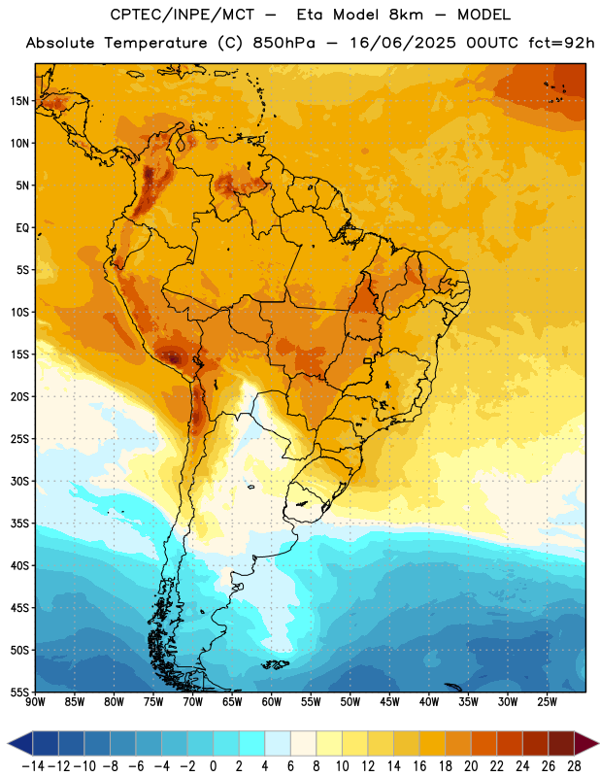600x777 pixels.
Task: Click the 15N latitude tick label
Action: point(19,101)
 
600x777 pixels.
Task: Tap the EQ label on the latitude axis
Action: point(22,228)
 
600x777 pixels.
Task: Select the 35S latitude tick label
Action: point(19,524)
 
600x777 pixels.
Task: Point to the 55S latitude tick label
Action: point(19,692)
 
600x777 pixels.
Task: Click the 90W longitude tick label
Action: point(35,701)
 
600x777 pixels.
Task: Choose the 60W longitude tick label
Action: point(272,701)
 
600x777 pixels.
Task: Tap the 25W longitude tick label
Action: point(547,701)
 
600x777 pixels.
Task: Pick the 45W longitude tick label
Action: point(389,701)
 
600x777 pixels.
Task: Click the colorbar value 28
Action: point(574,766)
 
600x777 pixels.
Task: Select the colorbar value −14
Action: point(33,766)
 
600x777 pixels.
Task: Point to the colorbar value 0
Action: point(213,766)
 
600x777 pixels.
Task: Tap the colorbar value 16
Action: point(419,766)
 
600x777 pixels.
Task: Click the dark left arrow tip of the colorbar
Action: point(10,743)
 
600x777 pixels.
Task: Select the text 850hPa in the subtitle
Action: point(283,43)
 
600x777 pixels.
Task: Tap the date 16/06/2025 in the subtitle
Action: point(402,43)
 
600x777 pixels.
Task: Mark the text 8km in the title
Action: point(406,15)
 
